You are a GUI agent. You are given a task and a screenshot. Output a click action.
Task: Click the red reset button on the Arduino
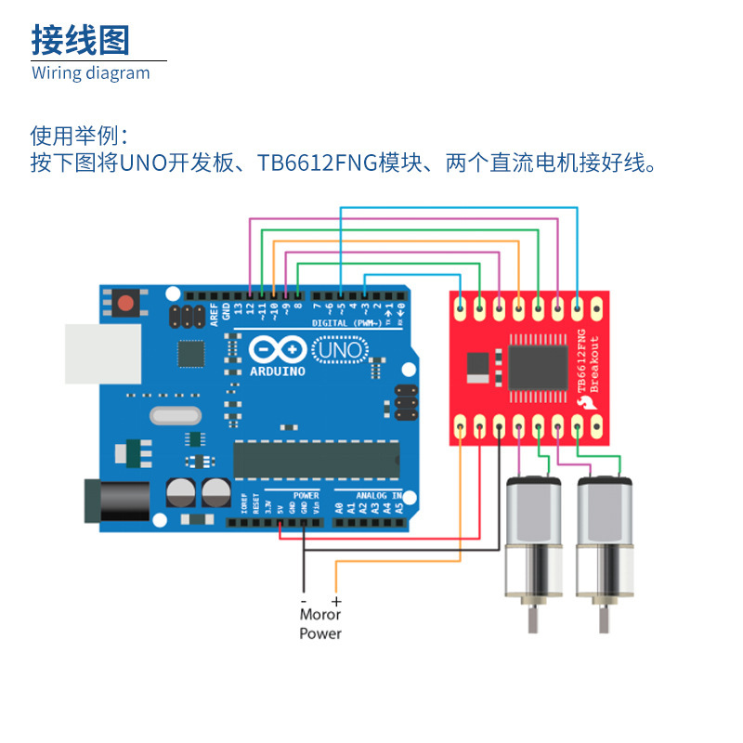(124, 302)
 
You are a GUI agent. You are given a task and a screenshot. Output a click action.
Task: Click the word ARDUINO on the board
(278, 371)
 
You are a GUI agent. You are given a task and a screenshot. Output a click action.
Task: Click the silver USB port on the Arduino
(101, 354)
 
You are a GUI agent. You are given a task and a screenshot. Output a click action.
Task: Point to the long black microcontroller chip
(316, 459)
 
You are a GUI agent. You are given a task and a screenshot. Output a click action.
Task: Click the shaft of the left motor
(532, 619)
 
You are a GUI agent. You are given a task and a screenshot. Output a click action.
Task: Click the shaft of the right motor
(604, 619)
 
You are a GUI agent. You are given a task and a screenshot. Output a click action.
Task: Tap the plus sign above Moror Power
(336, 602)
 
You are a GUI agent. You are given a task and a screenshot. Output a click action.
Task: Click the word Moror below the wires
(320, 614)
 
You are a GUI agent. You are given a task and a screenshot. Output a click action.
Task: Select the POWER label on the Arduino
(306, 496)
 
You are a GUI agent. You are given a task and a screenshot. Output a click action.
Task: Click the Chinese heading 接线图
(81, 40)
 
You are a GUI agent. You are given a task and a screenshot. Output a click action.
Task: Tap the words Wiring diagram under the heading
(91, 72)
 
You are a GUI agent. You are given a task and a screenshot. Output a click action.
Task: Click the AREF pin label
(214, 312)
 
